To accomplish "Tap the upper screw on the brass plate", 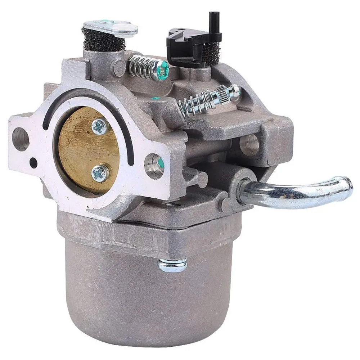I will (98, 126).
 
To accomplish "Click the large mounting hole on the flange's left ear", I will (21, 138).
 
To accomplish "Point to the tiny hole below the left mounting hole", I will (33, 162).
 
